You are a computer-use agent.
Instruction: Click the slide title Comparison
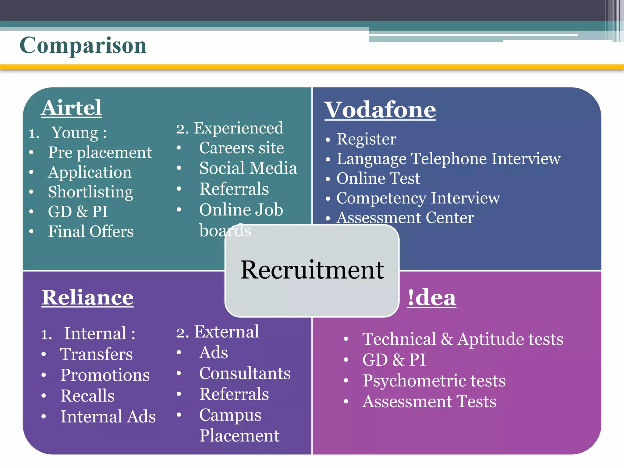pyautogui.click(x=83, y=45)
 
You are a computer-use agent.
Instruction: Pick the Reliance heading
pyautogui.click(x=87, y=297)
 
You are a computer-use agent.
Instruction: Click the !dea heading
pyautogui.click(x=431, y=298)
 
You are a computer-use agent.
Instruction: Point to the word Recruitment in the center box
pyautogui.click(x=312, y=270)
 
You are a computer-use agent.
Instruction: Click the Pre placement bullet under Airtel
pyautogui.click(x=100, y=152)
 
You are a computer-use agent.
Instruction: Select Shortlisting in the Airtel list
pyautogui.click(x=90, y=192)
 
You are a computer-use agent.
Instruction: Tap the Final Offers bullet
pyautogui.click(x=91, y=231)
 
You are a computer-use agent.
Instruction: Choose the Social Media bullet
pyautogui.click(x=248, y=168)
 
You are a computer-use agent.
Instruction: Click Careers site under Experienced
pyautogui.click(x=241, y=148)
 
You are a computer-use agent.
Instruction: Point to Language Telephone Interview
pyautogui.click(x=448, y=159)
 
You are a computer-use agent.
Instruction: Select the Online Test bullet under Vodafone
pyautogui.click(x=378, y=179)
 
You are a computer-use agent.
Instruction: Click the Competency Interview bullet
pyautogui.click(x=418, y=198)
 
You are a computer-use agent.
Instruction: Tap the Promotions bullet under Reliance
pyautogui.click(x=105, y=375)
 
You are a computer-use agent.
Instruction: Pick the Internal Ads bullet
pyautogui.click(x=108, y=417)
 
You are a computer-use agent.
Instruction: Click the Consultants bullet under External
pyautogui.click(x=245, y=373)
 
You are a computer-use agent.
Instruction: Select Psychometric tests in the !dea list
pyautogui.click(x=434, y=381)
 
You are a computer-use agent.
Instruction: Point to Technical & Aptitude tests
pyautogui.click(x=463, y=339)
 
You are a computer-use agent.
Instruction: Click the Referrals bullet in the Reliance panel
pyautogui.click(x=234, y=394)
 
